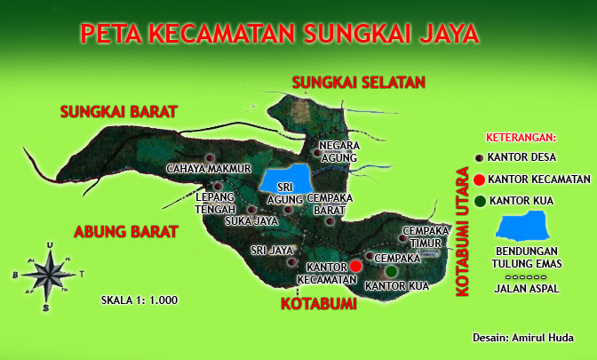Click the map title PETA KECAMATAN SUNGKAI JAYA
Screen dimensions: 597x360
[x=280, y=34]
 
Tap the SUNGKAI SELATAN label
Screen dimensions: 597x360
[x=359, y=83]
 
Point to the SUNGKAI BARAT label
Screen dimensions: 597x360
[x=119, y=112]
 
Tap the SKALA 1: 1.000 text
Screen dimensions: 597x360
[x=139, y=300]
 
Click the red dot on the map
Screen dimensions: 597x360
[x=355, y=266]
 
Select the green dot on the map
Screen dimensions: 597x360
[x=391, y=270]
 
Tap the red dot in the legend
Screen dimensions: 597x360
[x=481, y=180]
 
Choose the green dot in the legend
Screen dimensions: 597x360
[x=481, y=201]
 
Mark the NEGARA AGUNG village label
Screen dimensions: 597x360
[x=338, y=151]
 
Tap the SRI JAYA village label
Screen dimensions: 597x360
[x=271, y=251]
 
